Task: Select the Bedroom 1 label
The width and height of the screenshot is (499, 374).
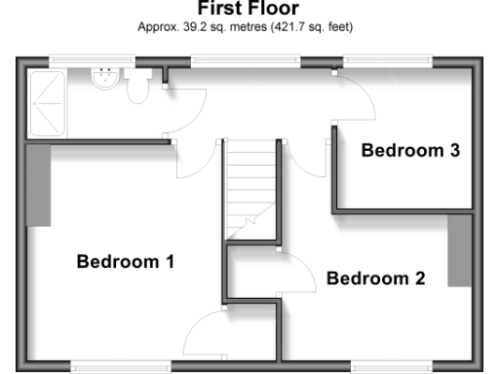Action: click(125, 261)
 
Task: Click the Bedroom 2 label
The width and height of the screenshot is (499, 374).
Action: click(375, 279)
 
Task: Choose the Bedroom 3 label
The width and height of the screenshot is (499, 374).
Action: click(409, 150)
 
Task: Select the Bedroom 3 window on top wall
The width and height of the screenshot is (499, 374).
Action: click(388, 60)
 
